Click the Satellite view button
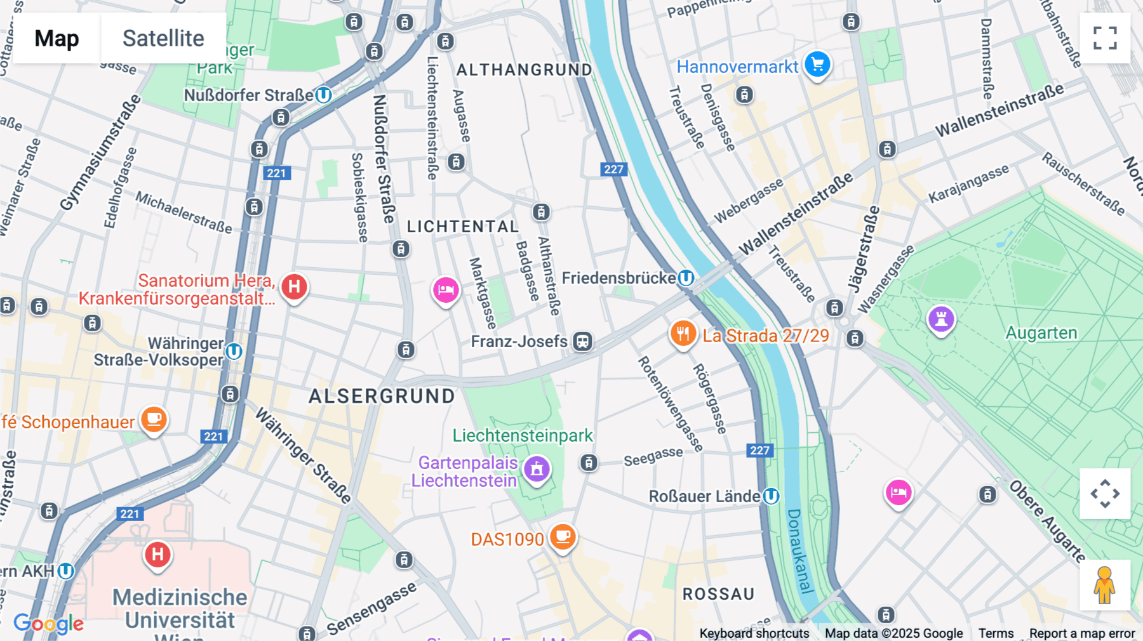163,38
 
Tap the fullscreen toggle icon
1105,38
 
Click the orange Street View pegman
1104,585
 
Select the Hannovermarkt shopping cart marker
817,64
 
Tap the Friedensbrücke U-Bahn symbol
686,278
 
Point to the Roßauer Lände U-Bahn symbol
771,496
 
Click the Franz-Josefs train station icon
582,341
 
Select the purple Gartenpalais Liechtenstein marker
537,469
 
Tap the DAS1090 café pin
562,537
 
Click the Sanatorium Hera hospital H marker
294,287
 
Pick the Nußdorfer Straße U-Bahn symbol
323,95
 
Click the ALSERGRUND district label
382,396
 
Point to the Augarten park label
1041,333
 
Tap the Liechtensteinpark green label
522,435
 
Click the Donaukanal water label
799,551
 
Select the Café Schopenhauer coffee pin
154,420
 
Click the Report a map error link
1081,633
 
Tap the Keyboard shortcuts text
754,633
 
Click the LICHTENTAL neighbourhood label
462,227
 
